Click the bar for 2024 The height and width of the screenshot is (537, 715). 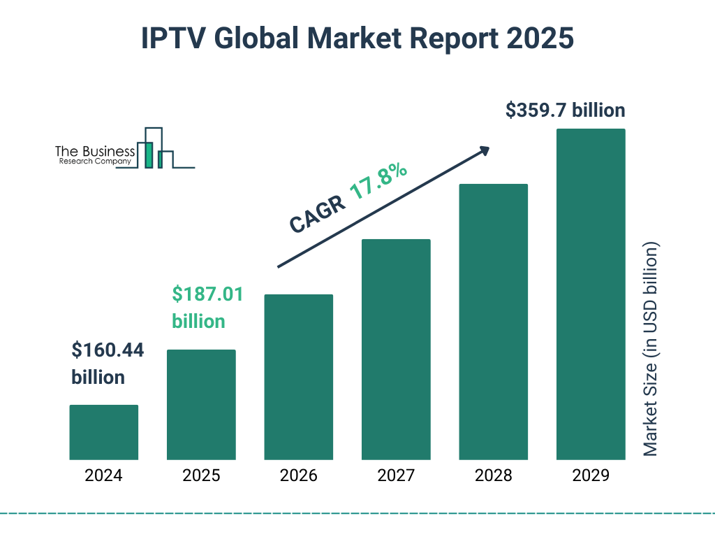coord(104,432)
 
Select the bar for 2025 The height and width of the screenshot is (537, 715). coord(201,404)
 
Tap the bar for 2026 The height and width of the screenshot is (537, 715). coord(298,377)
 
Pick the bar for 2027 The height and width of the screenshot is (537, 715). coord(396,349)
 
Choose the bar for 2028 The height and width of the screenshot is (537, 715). coord(493,322)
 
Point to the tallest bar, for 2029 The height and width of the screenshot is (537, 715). coord(590,294)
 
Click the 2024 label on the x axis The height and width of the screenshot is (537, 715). coord(104,476)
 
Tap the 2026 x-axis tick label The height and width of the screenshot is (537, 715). coord(298,476)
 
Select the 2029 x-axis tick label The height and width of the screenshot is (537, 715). coord(590,476)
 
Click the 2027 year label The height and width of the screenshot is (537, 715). coord(396,476)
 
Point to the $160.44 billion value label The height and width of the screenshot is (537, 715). coord(108,364)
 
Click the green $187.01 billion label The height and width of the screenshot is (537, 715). coord(207,308)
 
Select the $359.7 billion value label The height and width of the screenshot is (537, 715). coord(565,110)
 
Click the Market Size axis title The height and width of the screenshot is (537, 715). coord(651,350)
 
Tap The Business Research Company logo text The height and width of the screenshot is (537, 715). coord(94,155)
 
